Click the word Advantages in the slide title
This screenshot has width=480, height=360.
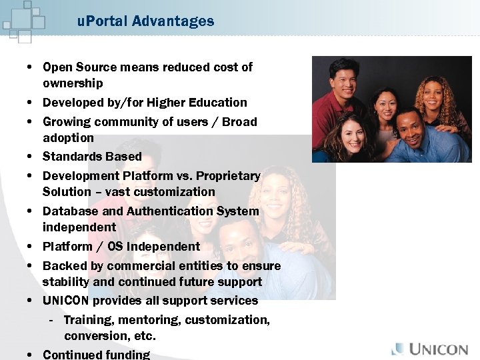(x=173, y=21)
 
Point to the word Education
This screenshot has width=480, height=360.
(x=220, y=103)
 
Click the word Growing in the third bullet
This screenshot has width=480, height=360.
(x=67, y=122)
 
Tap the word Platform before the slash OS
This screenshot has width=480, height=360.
(x=67, y=247)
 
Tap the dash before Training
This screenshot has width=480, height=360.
(x=51, y=320)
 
